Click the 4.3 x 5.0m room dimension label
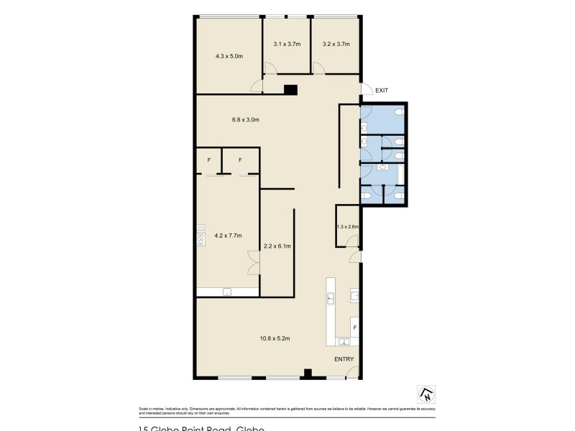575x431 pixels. click(x=229, y=55)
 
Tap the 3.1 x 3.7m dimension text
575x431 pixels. click(x=287, y=44)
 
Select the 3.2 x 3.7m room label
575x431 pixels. click(x=336, y=44)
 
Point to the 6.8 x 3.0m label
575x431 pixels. click(x=245, y=120)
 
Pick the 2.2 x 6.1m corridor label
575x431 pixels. click(x=277, y=246)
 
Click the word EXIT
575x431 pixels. click(x=382, y=90)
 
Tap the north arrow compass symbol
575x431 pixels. click(x=427, y=394)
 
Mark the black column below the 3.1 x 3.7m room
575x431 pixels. click(x=290, y=90)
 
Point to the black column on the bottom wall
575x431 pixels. click(x=307, y=373)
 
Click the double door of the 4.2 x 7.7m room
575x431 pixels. click(x=252, y=263)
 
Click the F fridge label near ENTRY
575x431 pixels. click(x=354, y=328)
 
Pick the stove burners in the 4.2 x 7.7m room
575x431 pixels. click(x=201, y=236)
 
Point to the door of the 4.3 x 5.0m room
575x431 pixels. click(x=257, y=86)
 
